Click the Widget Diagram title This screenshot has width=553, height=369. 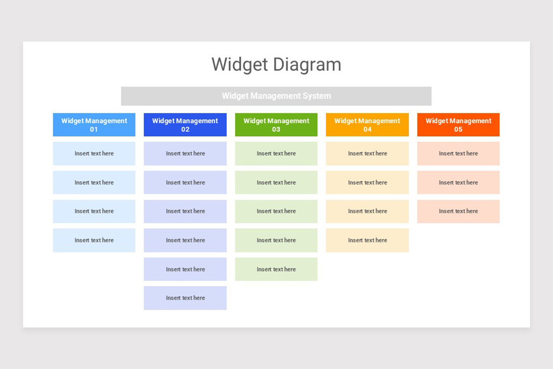click(276, 65)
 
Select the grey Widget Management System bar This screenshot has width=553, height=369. click(276, 96)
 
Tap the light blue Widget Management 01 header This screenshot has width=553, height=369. click(94, 125)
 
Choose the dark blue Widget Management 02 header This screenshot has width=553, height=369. click(185, 125)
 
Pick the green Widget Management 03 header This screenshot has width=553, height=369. click(276, 125)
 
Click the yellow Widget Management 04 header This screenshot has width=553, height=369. click(367, 125)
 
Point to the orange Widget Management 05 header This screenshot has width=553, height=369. click(458, 125)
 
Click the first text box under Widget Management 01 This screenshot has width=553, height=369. click(94, 154)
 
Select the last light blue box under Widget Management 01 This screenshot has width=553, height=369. click(94, 240)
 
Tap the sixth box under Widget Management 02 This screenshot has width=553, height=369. click(185, 298)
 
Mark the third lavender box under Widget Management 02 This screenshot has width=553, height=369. click(185, 211)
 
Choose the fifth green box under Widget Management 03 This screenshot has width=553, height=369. click(276, 269)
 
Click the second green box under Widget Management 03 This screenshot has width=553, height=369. click(276, 183)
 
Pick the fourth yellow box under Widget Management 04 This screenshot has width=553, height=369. click(367, 240)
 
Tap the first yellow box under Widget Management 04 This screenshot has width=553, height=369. click(367, 154)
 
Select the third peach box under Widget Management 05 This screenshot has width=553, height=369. click(458, 211)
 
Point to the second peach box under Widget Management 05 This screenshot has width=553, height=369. click(458, 183)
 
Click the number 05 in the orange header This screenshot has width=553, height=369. click(458, 130)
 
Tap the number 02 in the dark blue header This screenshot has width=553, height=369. click(185, 130)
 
